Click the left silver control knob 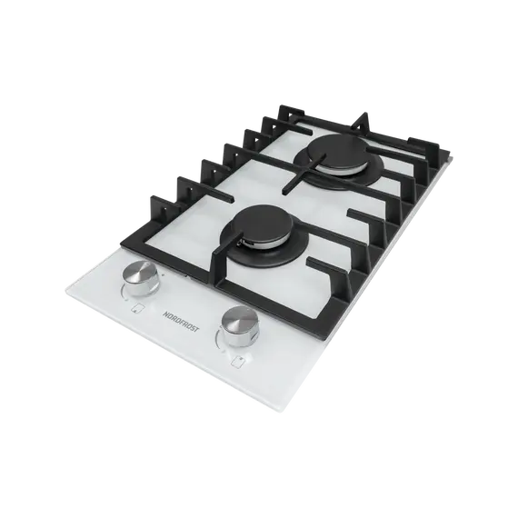141,277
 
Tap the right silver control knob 240,325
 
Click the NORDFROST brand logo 181,321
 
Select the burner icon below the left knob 135,308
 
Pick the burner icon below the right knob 236,361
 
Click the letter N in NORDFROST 164,313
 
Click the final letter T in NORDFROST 197,329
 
